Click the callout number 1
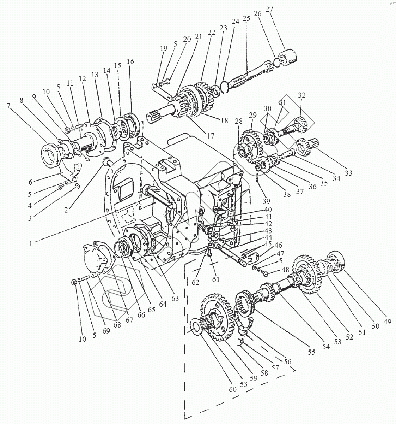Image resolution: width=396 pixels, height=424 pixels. tap(32, 244)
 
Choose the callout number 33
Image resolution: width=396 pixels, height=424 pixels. tap(348, 173)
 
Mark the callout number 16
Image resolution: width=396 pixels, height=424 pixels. tap(130, 61)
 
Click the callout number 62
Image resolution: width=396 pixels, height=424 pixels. tap(195, 282)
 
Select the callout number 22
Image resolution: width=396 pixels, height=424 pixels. tap(211, 32)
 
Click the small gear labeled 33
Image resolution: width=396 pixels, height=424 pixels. tap(306, 145)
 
